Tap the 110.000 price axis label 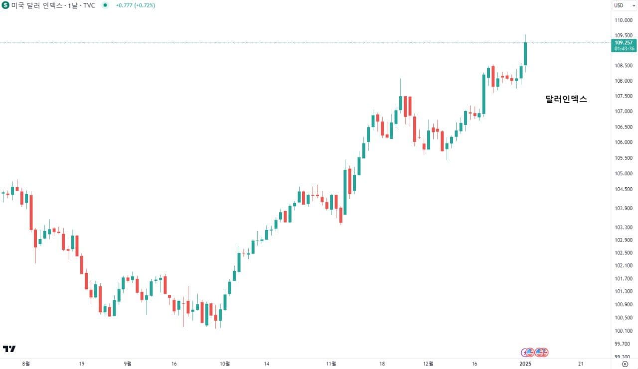[x=624, y=20]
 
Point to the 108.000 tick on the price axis [x=624, y=81]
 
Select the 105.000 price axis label [x=624, y=174]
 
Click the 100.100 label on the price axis [x=624, y=331]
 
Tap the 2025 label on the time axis [x=525, y=364]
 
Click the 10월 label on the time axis [x=225, y=364]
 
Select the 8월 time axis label [x=26, y=364]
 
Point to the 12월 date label [x=428, y=364]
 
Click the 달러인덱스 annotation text [x=566, y=99]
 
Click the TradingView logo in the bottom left [x=9, y=349]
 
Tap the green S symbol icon [x=5, y=5]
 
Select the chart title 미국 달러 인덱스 [x=35, y=5]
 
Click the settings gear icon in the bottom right [x=625, y=364]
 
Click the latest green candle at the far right [x=525, y=53]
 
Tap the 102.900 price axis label [x=624, y=240]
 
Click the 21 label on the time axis [x=581, y=364]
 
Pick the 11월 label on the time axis [x=331, y=364]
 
